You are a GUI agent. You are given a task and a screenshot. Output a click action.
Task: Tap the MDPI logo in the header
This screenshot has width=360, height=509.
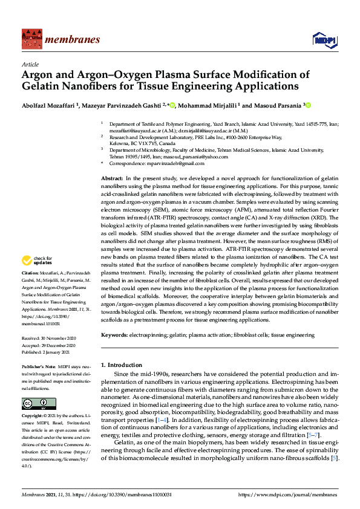(324, 39)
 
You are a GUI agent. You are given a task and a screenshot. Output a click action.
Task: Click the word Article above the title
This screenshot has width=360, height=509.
(30, 64)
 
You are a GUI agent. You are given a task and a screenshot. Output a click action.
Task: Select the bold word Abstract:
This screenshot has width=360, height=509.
(112, 180)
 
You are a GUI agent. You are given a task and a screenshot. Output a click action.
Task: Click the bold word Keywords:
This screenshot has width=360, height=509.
(114, 334)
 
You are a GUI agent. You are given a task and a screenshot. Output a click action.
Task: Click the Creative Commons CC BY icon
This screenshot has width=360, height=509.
(31, 403)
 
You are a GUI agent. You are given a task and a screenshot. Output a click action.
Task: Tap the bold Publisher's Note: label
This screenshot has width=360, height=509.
(38, 366)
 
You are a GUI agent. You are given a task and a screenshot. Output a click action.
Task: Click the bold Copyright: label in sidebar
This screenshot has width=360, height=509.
(34, 417)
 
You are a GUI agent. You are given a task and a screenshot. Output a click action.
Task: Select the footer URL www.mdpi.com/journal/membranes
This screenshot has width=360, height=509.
(289, 494)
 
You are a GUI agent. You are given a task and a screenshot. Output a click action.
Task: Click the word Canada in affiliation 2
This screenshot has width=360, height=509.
(160, 144)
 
